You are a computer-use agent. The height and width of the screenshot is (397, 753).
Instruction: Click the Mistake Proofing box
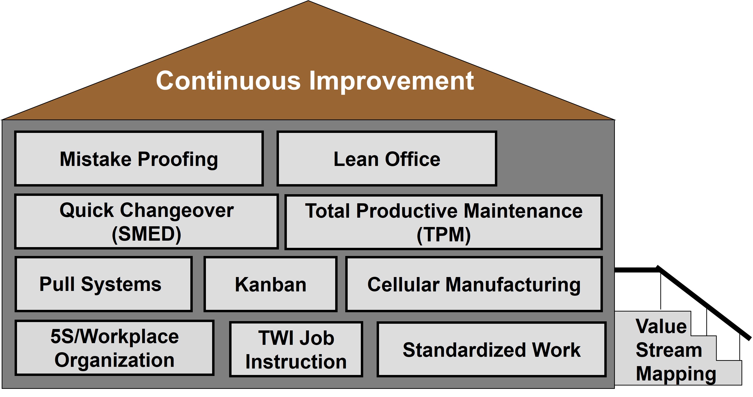pyautogui.click(x=139, y=159)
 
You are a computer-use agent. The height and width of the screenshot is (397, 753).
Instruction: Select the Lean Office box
pyautogui.click(x=386, y=159)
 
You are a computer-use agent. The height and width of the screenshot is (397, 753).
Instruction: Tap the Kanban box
pyautogui.click(x=270, y=284)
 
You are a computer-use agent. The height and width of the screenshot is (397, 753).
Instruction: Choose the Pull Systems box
pyautogui.click(x=103, y=284)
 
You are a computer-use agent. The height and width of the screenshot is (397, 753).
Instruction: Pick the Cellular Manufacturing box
pyautogui.click(x=474, y=284)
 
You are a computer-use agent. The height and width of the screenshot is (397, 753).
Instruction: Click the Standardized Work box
pyautogui.click(x=491, y=349)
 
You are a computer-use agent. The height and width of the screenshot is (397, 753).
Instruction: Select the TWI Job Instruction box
pyautogui.click(x=296, y=349)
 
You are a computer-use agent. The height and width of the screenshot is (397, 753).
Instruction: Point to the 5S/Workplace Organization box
pyautogui.click(x=114, y=348)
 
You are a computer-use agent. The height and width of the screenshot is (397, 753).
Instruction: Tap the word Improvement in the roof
pyautogui.click(x=391, y=81)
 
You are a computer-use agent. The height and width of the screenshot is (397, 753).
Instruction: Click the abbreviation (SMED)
pyautogui.click(x=147, y=234)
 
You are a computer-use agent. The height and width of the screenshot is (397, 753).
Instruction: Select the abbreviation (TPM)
pyautogui.click(x=443, y=234)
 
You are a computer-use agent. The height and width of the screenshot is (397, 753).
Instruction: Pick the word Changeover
pyautogui.click(x=177, y=210)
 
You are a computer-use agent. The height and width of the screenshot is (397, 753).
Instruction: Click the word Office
pyautogui.click(x=413, y=159)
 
